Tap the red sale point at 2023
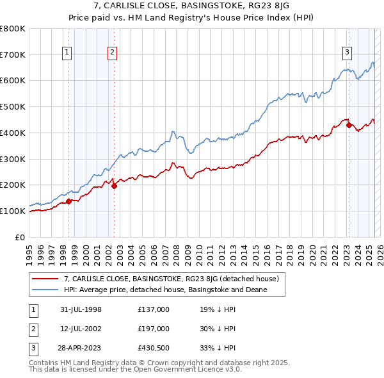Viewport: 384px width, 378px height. [x=349, y=126]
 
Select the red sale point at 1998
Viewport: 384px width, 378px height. [x=68, y=201]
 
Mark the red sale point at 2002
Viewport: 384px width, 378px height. [x=114, y=186]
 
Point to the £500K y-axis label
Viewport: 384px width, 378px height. [x=13, y=106]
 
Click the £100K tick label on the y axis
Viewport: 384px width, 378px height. [x=13, y=211]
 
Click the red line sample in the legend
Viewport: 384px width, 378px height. [x=45, y=279]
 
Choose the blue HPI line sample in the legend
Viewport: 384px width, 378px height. [x=45, y=290]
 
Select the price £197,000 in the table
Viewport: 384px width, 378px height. [x=154, y=329]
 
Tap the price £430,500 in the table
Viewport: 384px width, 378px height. [x=154, y=348]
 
